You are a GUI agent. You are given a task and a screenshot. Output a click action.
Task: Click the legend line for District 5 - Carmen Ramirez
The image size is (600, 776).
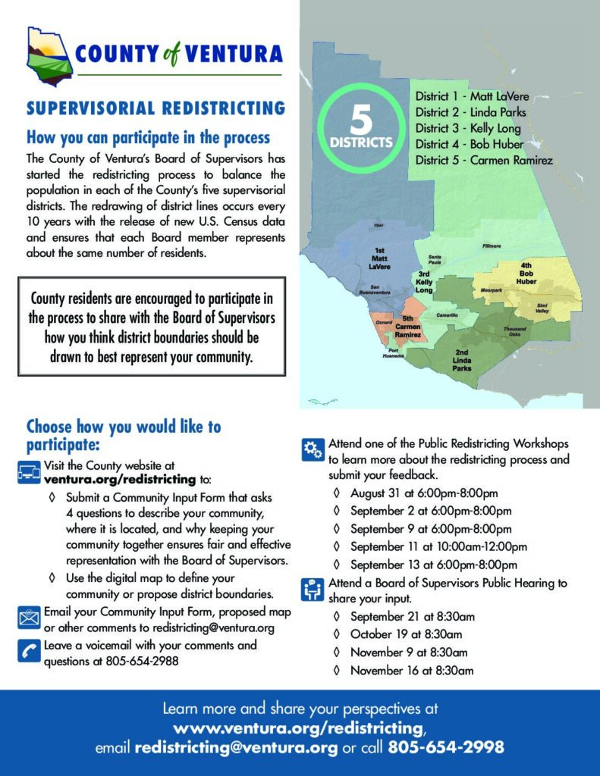[x=484, y=160]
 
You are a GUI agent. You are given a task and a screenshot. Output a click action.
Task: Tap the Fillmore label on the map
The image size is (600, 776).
[x=491, y=246]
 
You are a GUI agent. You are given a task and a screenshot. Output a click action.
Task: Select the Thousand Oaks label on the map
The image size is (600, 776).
[x=514, y=331]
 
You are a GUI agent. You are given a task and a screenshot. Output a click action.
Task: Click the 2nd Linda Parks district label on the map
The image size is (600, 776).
[x=462, y=360]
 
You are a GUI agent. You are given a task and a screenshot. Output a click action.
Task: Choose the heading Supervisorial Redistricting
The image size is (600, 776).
[x=155, y=108]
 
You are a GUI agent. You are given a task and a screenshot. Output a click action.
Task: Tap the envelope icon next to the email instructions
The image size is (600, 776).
[x=29, y=617]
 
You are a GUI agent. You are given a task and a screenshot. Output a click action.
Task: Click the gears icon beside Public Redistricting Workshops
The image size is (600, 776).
[x=312, y=449]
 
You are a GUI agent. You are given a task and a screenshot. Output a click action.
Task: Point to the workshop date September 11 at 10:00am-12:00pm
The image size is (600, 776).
[x=438, y=546]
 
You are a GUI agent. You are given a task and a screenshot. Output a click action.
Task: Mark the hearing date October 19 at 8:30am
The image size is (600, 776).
[x=406, y=634]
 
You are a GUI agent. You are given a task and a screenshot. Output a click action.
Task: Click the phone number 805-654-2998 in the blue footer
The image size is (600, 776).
[x=446, y=747]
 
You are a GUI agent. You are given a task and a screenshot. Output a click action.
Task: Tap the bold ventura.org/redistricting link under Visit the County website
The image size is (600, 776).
[x=120, y=480]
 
